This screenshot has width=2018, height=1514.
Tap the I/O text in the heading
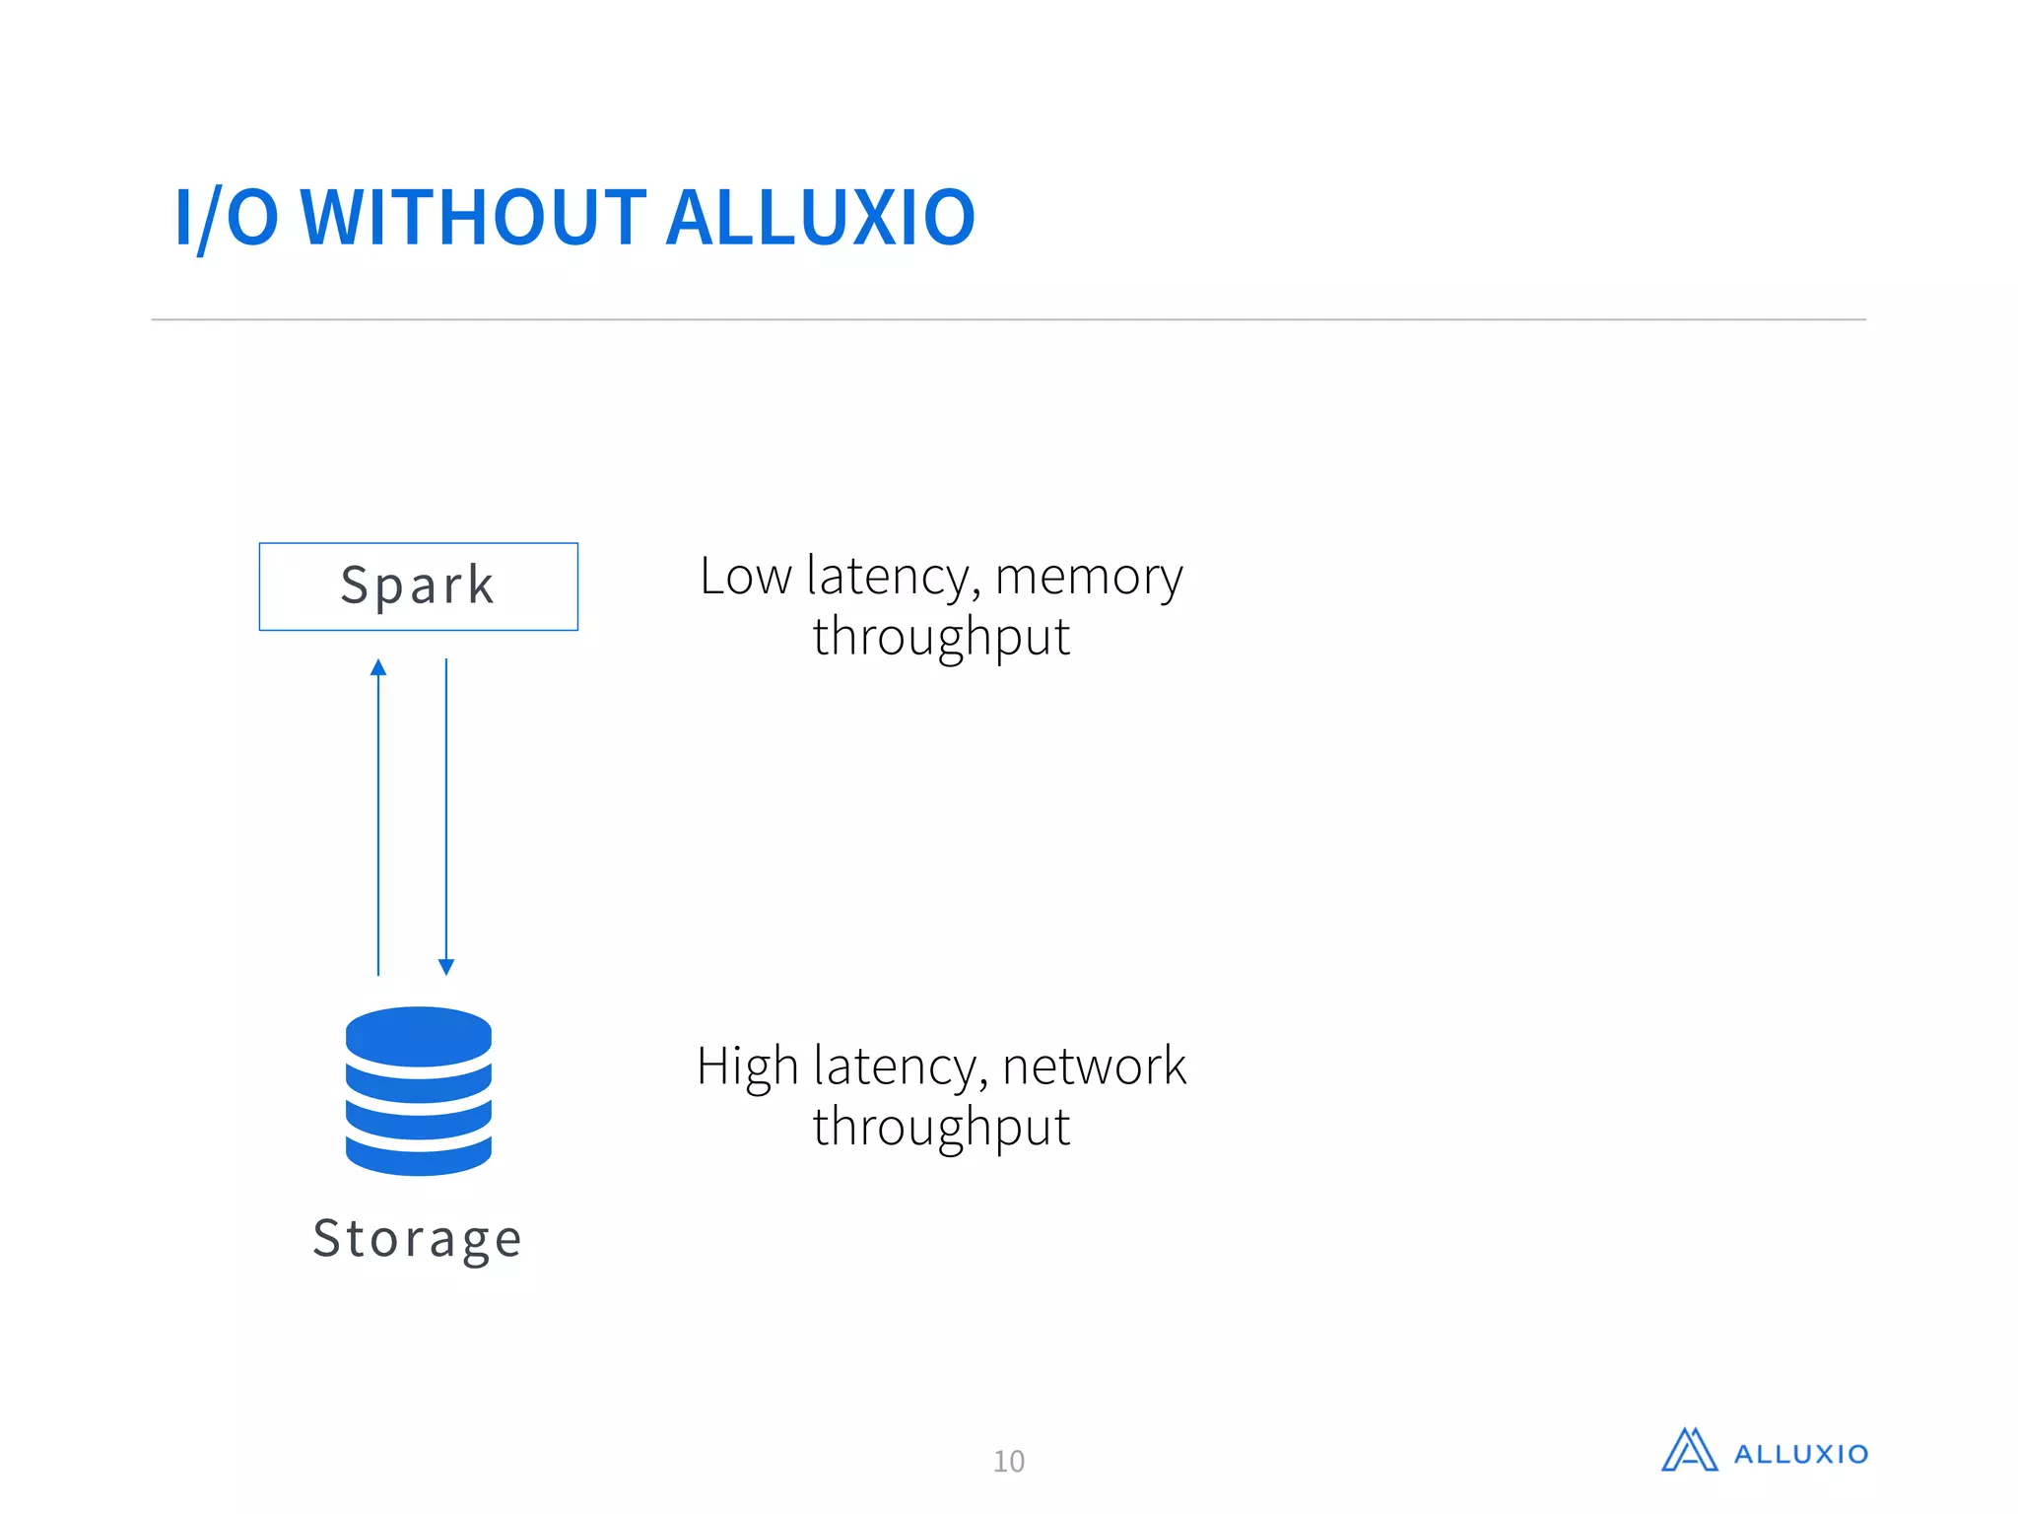(x=227, y=219)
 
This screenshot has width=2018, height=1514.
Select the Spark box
(x=418, y=585)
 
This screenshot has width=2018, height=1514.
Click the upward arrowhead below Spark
(x=378, y=668)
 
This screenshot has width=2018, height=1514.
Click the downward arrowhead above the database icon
(x=446, y=966)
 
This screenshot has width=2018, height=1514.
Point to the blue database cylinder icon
(x=418, y=1090)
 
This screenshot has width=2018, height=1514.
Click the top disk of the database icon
(x=418, y=1035)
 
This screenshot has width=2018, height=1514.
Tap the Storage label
(x=418, y=1238)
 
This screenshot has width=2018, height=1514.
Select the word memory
(x=1088, y=578)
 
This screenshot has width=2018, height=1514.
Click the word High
(x=747, y=1067)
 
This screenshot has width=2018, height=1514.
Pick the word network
(x=1094, y=1067)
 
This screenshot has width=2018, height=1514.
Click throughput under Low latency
(x=941, y=637)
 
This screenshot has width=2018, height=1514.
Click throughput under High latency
(x=941, y=1128)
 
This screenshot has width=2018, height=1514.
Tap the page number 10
(x=1008, y=1461)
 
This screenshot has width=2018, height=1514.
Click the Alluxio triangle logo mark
(x=1689, y=1451)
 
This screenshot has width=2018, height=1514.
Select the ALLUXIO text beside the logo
(x=1800, y=1455)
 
